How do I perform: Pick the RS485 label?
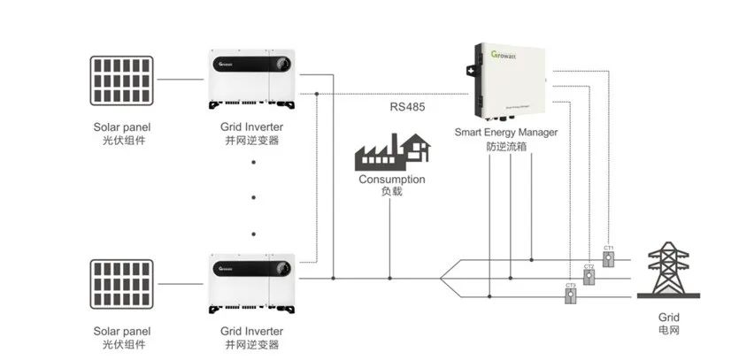click(x=409, y=108)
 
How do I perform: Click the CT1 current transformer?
click(x=608, y=259)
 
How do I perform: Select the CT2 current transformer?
click(x=589, y=278)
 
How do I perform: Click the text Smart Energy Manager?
click(x=506, y=133)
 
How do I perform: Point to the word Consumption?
click(x=391, y=179)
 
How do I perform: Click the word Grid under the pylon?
click(x=669, y=315)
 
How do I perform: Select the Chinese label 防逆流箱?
click(x=506, y=147)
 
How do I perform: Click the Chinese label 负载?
click(x=391, y=192)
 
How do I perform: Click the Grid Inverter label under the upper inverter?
click(x=252, y=127)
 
